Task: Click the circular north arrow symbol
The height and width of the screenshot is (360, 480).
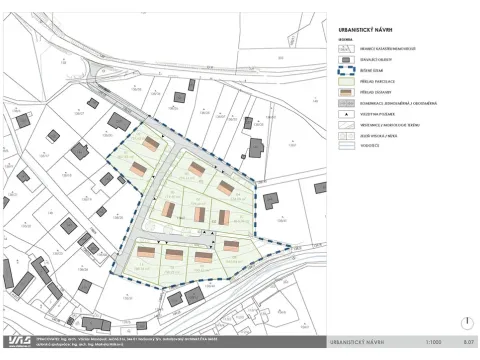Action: pos(466,322)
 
